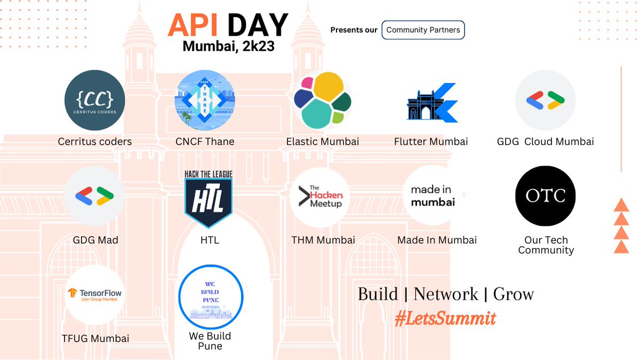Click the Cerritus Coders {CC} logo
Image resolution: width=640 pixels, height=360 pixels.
click(94, 100)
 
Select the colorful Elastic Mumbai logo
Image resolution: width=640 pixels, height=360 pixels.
click(323, 100)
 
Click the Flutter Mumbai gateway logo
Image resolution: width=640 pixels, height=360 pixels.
click(431, 102)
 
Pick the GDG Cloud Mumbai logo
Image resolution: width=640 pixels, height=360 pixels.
click(545, 100)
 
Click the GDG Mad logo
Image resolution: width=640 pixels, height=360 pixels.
click(94, 196)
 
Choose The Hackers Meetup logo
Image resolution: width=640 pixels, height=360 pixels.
click(320, 196)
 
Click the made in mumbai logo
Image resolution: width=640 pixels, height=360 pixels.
click(433, 196)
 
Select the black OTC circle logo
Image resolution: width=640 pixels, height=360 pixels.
click(545, 196)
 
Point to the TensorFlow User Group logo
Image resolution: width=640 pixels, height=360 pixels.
click(94, 295)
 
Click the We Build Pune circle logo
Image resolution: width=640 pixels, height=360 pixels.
click(210, 296)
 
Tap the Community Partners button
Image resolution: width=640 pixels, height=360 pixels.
click(423, 30)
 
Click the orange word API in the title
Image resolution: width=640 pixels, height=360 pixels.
click(195, 25)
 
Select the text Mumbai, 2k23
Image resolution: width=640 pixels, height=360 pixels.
click(228, 46)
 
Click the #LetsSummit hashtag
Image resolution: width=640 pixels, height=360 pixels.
click(445, 318)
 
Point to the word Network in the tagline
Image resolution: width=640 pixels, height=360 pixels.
click(445, 294)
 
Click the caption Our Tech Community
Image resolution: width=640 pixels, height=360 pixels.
click(546, 245)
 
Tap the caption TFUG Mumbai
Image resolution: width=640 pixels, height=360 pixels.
click(95, 338)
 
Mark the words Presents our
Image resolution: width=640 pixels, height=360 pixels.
click(354, 30)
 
